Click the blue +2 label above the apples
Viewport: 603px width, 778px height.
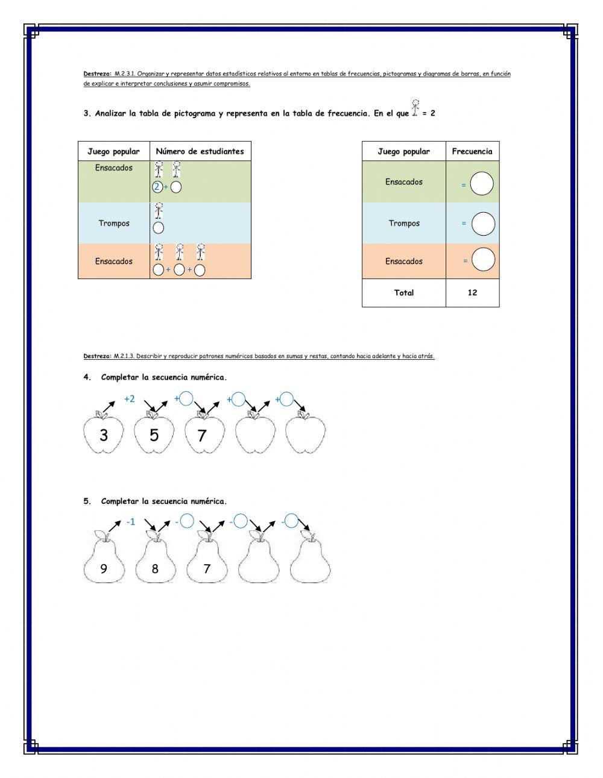(x=129, y=399)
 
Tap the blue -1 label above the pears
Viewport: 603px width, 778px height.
(x=131, y=522)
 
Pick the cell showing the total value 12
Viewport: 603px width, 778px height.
(x=472, y=293)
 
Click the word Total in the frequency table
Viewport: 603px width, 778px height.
(x=403, y=293)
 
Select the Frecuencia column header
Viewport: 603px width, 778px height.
(x=472, y=151)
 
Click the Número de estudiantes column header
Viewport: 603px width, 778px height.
(x=200, y=151)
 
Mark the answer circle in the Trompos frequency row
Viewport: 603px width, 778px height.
(x=483, y=224)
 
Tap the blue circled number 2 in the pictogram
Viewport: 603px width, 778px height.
(x=157, y=187)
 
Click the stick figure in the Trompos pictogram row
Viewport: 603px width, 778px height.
(x=159, y=211)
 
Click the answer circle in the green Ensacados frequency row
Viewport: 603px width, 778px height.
(x=482, y=184)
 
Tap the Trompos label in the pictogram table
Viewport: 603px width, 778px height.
(x=114, y=224)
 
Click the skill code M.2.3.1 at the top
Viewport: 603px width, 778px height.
(x=125, y=74)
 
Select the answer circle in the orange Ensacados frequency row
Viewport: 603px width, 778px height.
(x=483, y=260)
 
